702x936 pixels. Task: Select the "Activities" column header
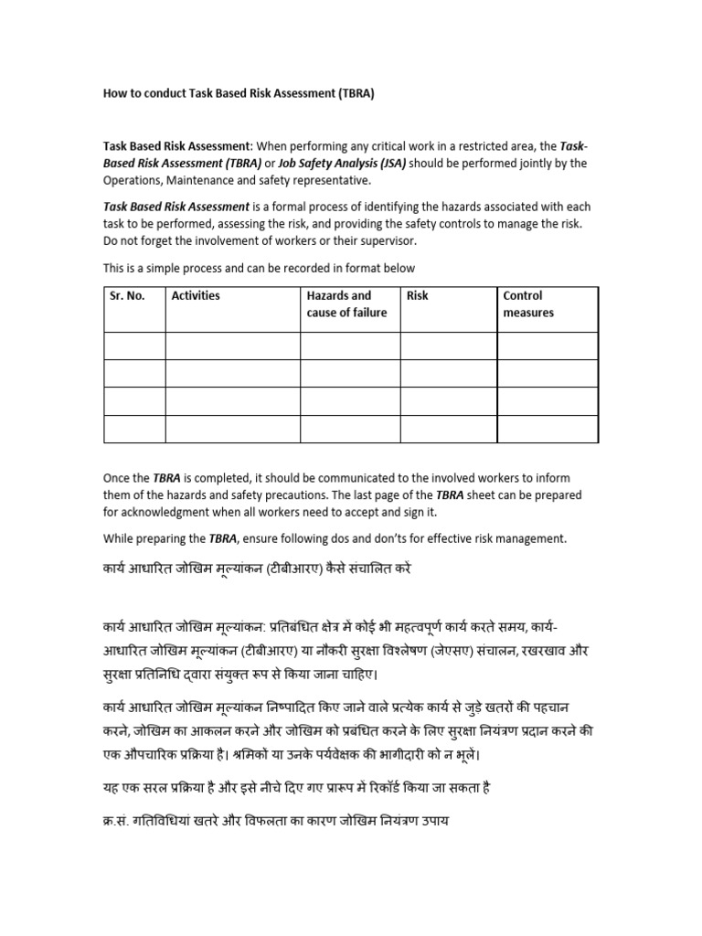196,295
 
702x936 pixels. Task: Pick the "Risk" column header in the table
417,295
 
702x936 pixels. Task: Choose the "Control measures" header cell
528,303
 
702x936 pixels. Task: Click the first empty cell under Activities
232,346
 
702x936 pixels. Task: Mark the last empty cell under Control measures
548,429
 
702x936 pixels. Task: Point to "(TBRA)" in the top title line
349,92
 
